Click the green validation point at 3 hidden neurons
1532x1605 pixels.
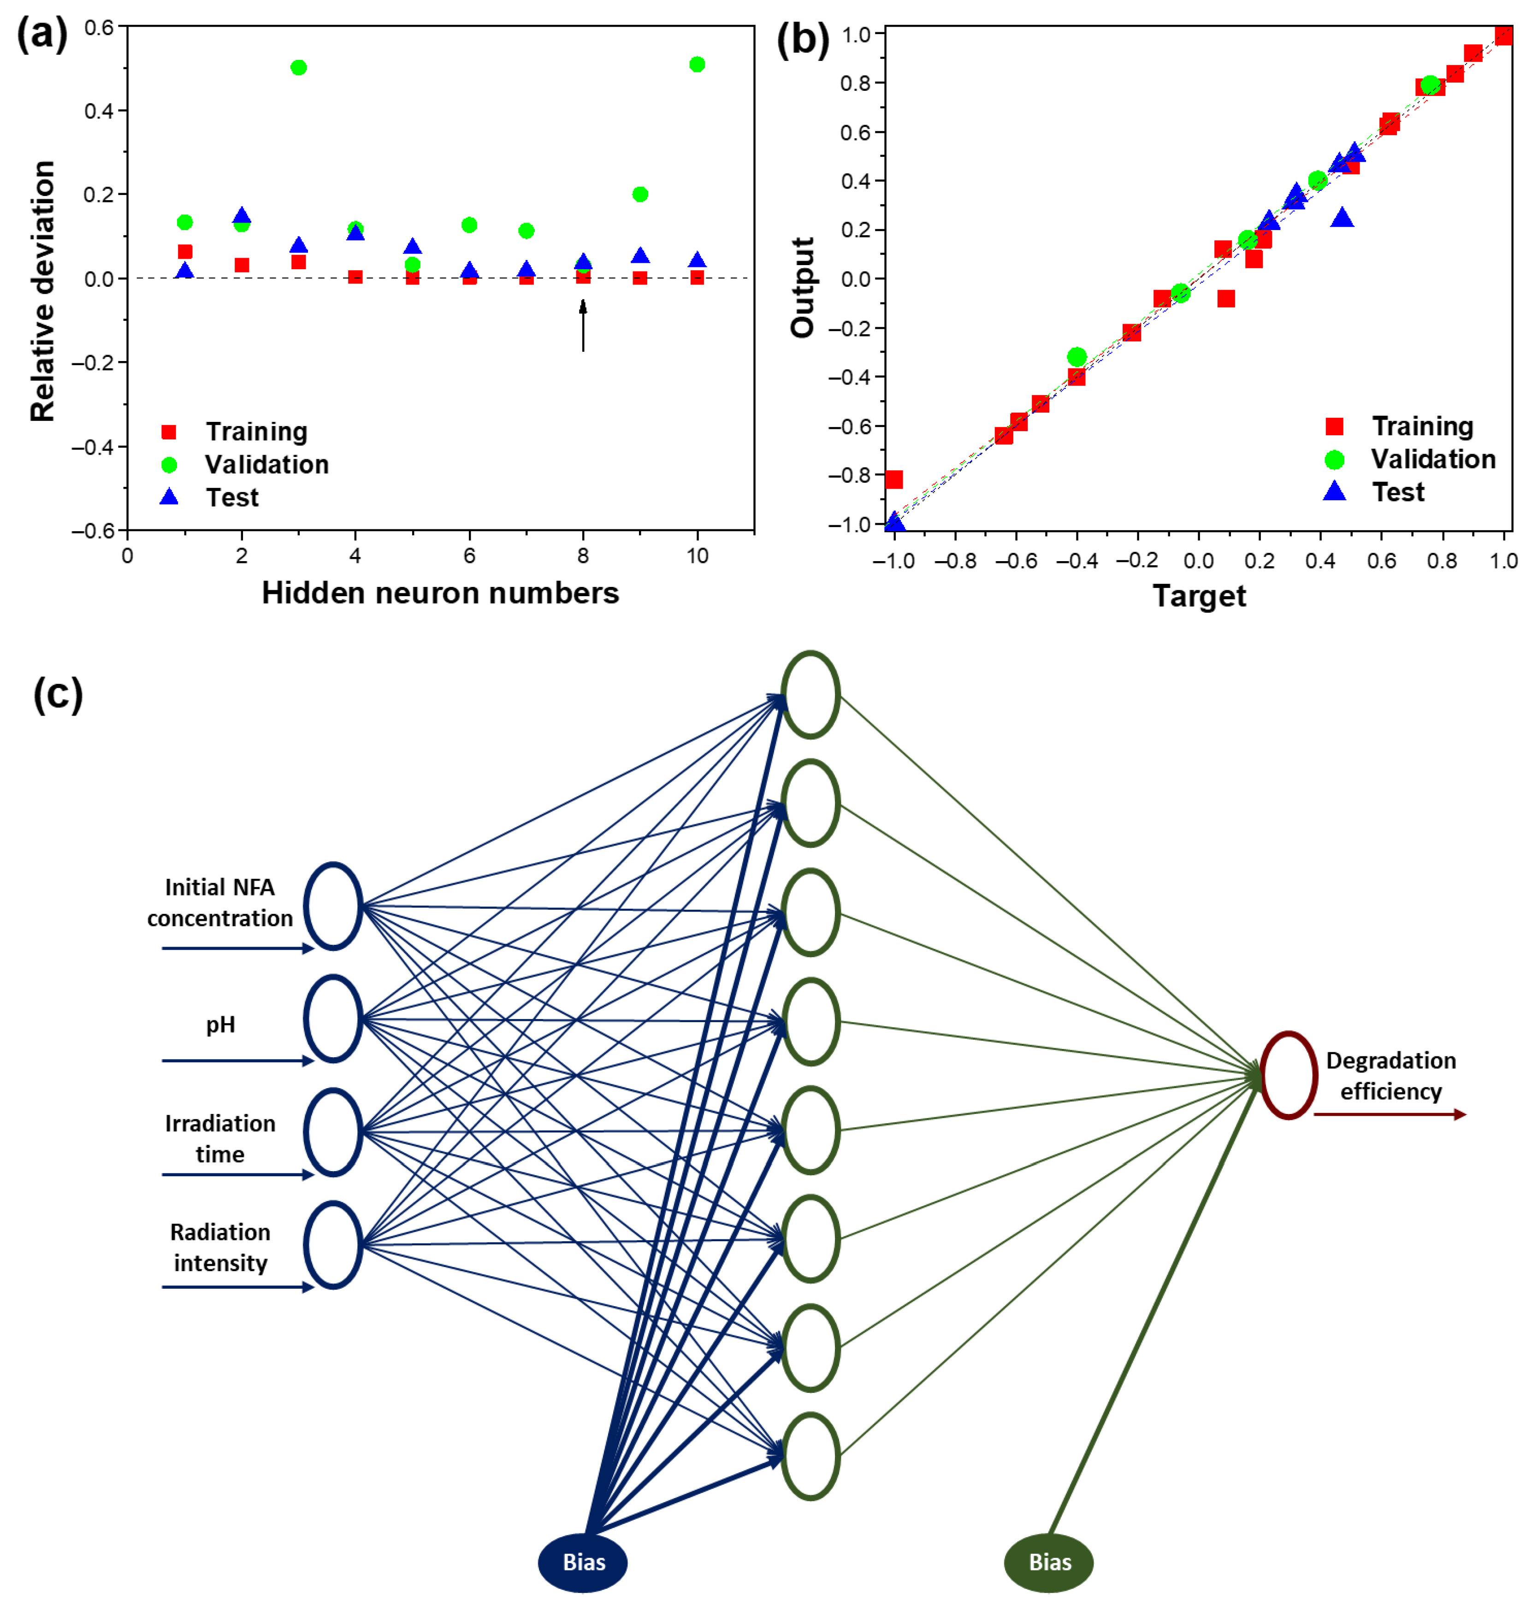pyautogui.click(x=298, y=67)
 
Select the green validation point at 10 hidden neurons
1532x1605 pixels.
pyautogui.click(x=697, y=65)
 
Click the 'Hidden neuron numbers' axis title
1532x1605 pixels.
pyautogui.click(x=440, y=593)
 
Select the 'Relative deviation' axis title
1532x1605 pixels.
pyautogui.click(x=42, y=291)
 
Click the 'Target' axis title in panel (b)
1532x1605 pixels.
pyautogui.click(x=1199, y=596)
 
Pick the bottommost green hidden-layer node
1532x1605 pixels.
pyautogui.click(x=810, y=1457)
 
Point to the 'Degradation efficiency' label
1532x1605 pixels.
pyautogui.click(x=1391, y=1076)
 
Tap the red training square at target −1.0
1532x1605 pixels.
pyautogui.click(x=894, y=480)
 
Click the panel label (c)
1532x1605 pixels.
pyautogui.click(x=58, y=695)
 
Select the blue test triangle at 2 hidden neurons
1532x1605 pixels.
pyautogui.click(x=242, y=216)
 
